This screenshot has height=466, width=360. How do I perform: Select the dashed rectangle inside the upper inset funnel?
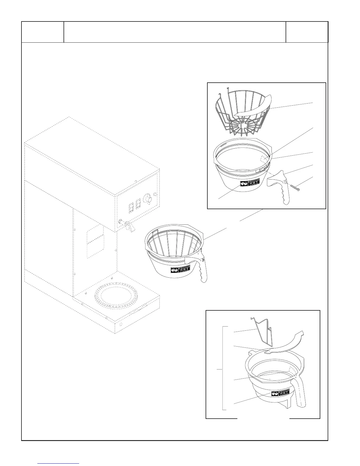click(264, 159)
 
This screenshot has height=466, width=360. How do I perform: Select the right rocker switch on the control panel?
click(138, 205)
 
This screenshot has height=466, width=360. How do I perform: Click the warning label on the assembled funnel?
click(180, 270)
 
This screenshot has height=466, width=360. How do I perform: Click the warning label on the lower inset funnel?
click(279, 393)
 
